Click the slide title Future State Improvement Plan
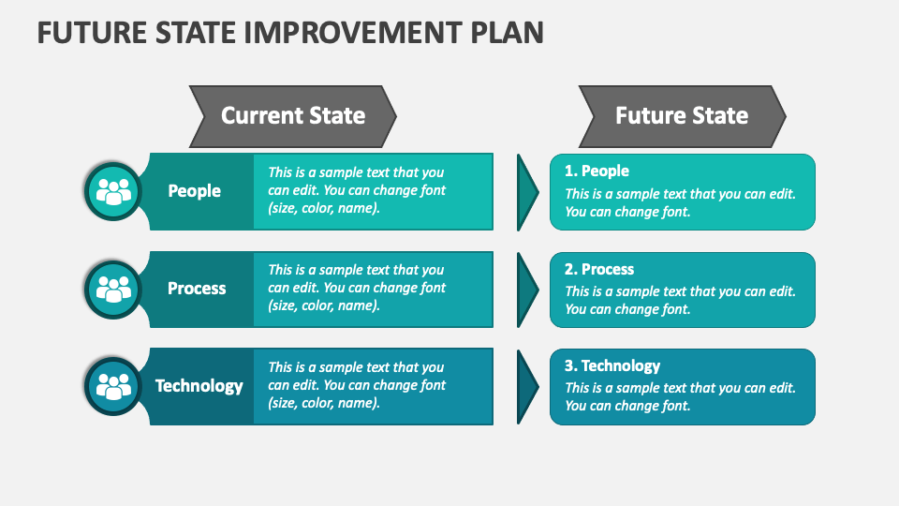(x=290, y=32)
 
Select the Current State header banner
(x=293, y=116)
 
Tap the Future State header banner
(x=682, y=116)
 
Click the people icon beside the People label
(x=114, y=191)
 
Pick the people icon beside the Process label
(x=114, y=289)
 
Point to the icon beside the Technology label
(x=114, y=386)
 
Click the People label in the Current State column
(x=195, y=191)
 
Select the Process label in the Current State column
(x=197, y=289)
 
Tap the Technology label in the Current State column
(x=199, y=386)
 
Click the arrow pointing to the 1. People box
(x=527, y=192)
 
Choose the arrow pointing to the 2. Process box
(x=527, y=290)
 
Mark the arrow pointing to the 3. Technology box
(x=527, y=386)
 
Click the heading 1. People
(x=597, y=171)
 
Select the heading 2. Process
(x=599, y=269)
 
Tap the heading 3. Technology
(x=612, y=366)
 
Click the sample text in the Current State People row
(x=357, y=190)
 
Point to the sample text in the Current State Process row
(x=357, y=288)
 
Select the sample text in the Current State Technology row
(x=357, y=385)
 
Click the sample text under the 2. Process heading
(x=680, y=300)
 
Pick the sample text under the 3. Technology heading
(x=680, y=397)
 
